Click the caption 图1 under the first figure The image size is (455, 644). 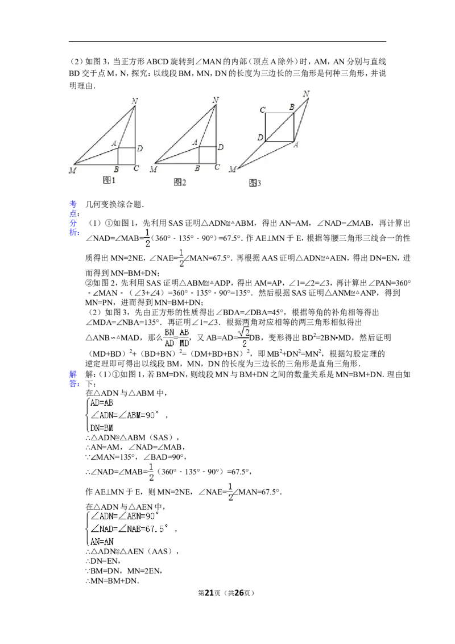pyautogui.click(x=109, y=180)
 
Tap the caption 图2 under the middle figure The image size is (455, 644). pyautogui.click(x=180, y=182)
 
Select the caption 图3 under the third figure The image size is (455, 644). pyautogui.click(x=255, y=183)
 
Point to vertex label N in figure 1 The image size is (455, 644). pyautogui.click(x=135, y=101)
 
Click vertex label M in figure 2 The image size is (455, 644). pyautogui.click(x=153, y=170)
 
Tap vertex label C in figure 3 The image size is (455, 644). pyautogui.click(x=263, y=109)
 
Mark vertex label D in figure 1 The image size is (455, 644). pyautogui.click(x=139, y=148)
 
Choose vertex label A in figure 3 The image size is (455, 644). pyautogui.click(x=296, y=145)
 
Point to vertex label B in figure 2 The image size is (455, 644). pyautogui.click(x=197, y=168)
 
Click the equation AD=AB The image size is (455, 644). pyautogui.click(x=102, y=402)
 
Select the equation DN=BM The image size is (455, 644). pyautogui.click(x=102, y=427)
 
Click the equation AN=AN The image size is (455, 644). pyautogui.click(x=102, y=541)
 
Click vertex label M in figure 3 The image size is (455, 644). pyautogui.click(x=233, y=170)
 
